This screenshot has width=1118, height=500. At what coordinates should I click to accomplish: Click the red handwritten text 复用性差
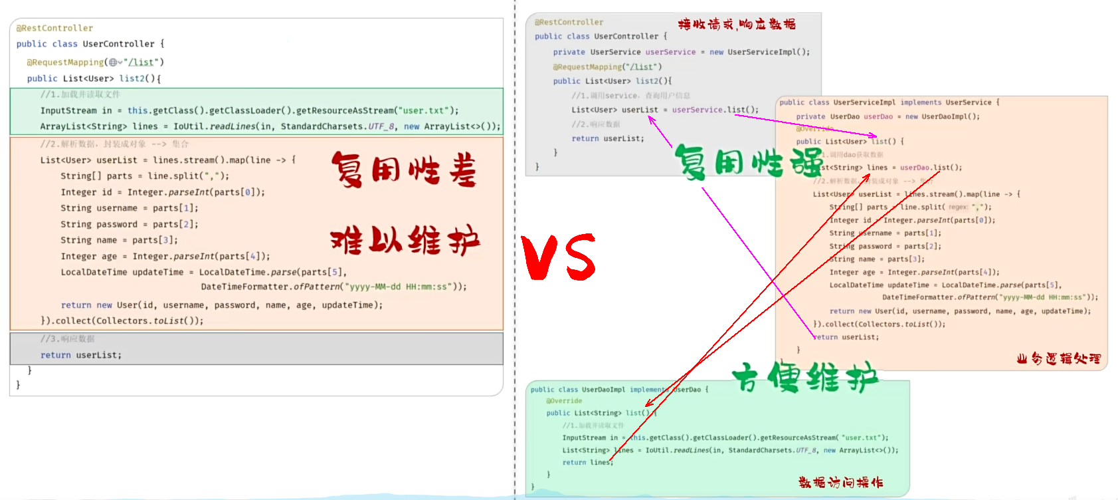click(404, 170)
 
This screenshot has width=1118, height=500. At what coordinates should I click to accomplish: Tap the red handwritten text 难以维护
click(405, 240)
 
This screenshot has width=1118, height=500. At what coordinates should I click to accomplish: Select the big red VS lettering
click(558, 257)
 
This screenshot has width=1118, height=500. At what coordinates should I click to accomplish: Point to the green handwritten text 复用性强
click(748, 162)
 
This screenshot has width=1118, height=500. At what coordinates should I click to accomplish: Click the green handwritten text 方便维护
click(805, 377)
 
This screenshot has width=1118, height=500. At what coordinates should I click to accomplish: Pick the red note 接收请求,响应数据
click(736, 25)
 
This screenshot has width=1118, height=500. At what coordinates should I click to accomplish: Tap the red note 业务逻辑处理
click(1058, 359)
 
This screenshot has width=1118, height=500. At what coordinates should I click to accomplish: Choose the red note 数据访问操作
click(840, 482)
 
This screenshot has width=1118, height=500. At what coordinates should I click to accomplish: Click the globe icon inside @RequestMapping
click(114, 62)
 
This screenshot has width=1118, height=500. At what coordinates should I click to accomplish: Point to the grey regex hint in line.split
click(957, 207)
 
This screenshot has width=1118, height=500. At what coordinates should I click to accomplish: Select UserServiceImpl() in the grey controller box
click(768, 52)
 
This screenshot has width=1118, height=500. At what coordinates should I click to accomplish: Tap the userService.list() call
click(715, 110)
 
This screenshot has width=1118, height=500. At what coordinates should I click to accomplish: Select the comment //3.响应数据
click(67, 338)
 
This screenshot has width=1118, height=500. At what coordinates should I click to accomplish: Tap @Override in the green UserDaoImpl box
click(564, 401)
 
